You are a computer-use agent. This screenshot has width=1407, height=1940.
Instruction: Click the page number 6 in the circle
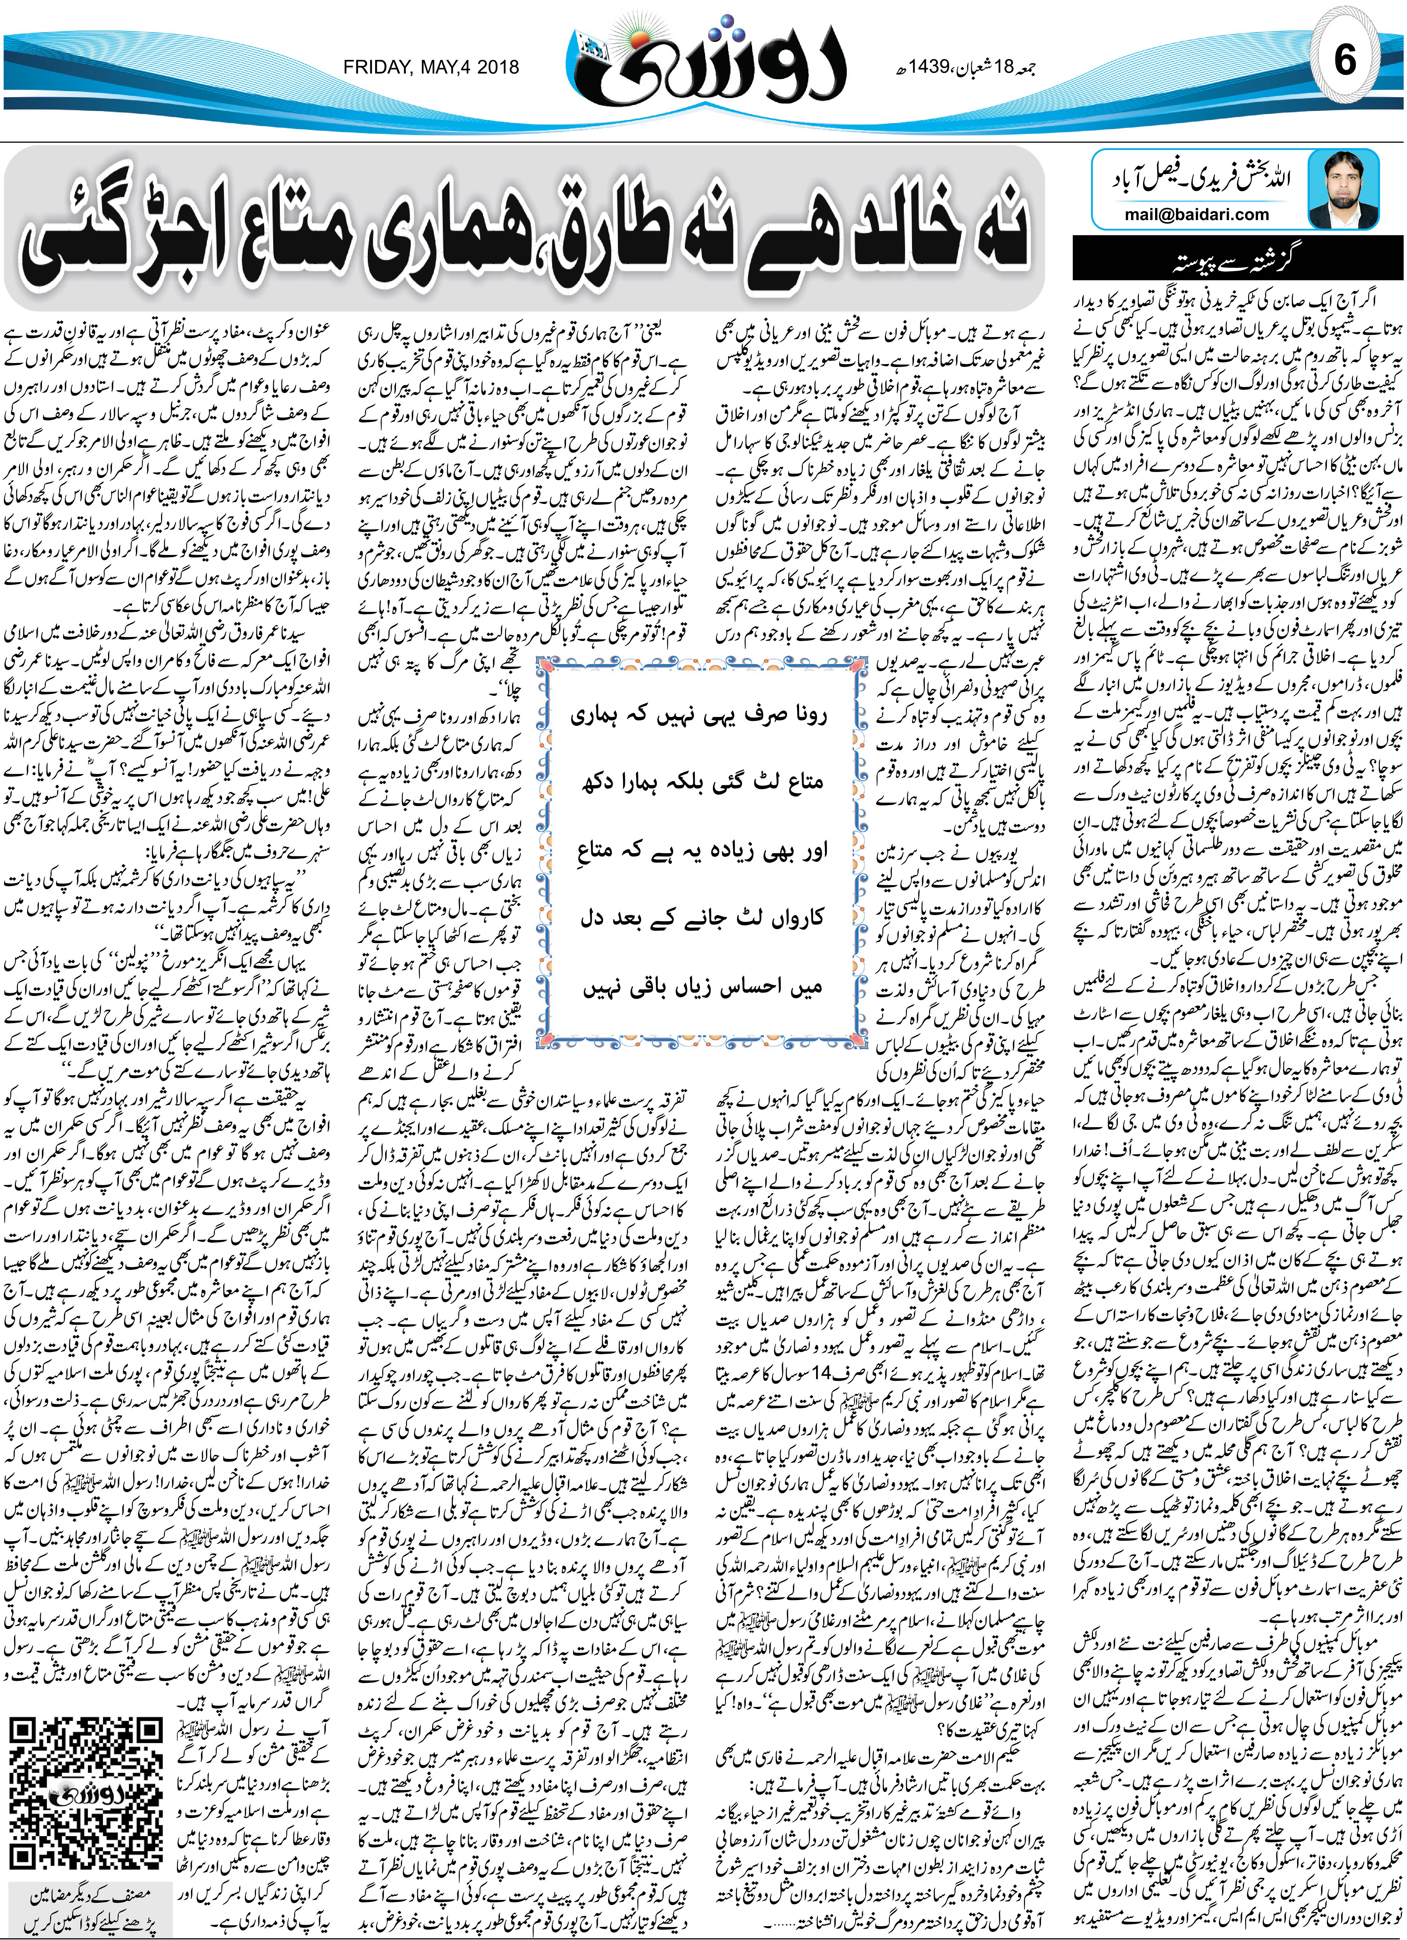[1345, 62]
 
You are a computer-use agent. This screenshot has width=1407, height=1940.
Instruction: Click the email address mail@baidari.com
[1197, 215]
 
